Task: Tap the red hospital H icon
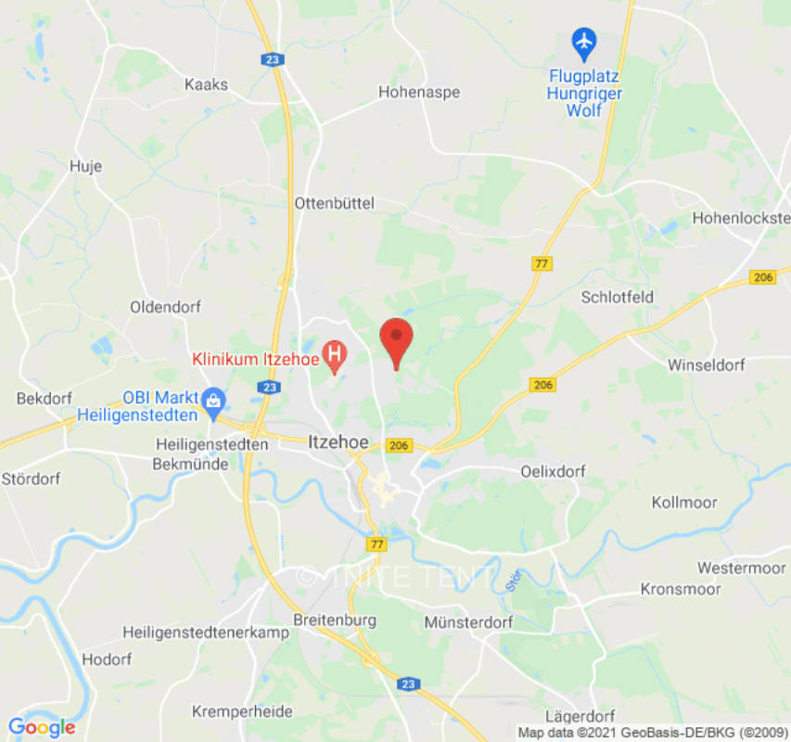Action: (334, 354)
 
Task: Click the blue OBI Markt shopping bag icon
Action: (213, 400)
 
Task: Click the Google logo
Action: (42, 727)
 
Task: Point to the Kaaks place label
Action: (206, 84)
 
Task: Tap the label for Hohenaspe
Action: (419, 92)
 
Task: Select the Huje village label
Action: (85, 167)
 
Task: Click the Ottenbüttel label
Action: (334, 202)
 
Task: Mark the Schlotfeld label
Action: (617, 297)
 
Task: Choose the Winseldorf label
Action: (706, 365)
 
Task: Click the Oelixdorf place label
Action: (554, 471)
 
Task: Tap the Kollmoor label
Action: (684, 502)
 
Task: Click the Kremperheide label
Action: (243, 711)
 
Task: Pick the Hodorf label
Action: (108, 659)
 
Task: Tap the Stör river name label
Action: (515, 580)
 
